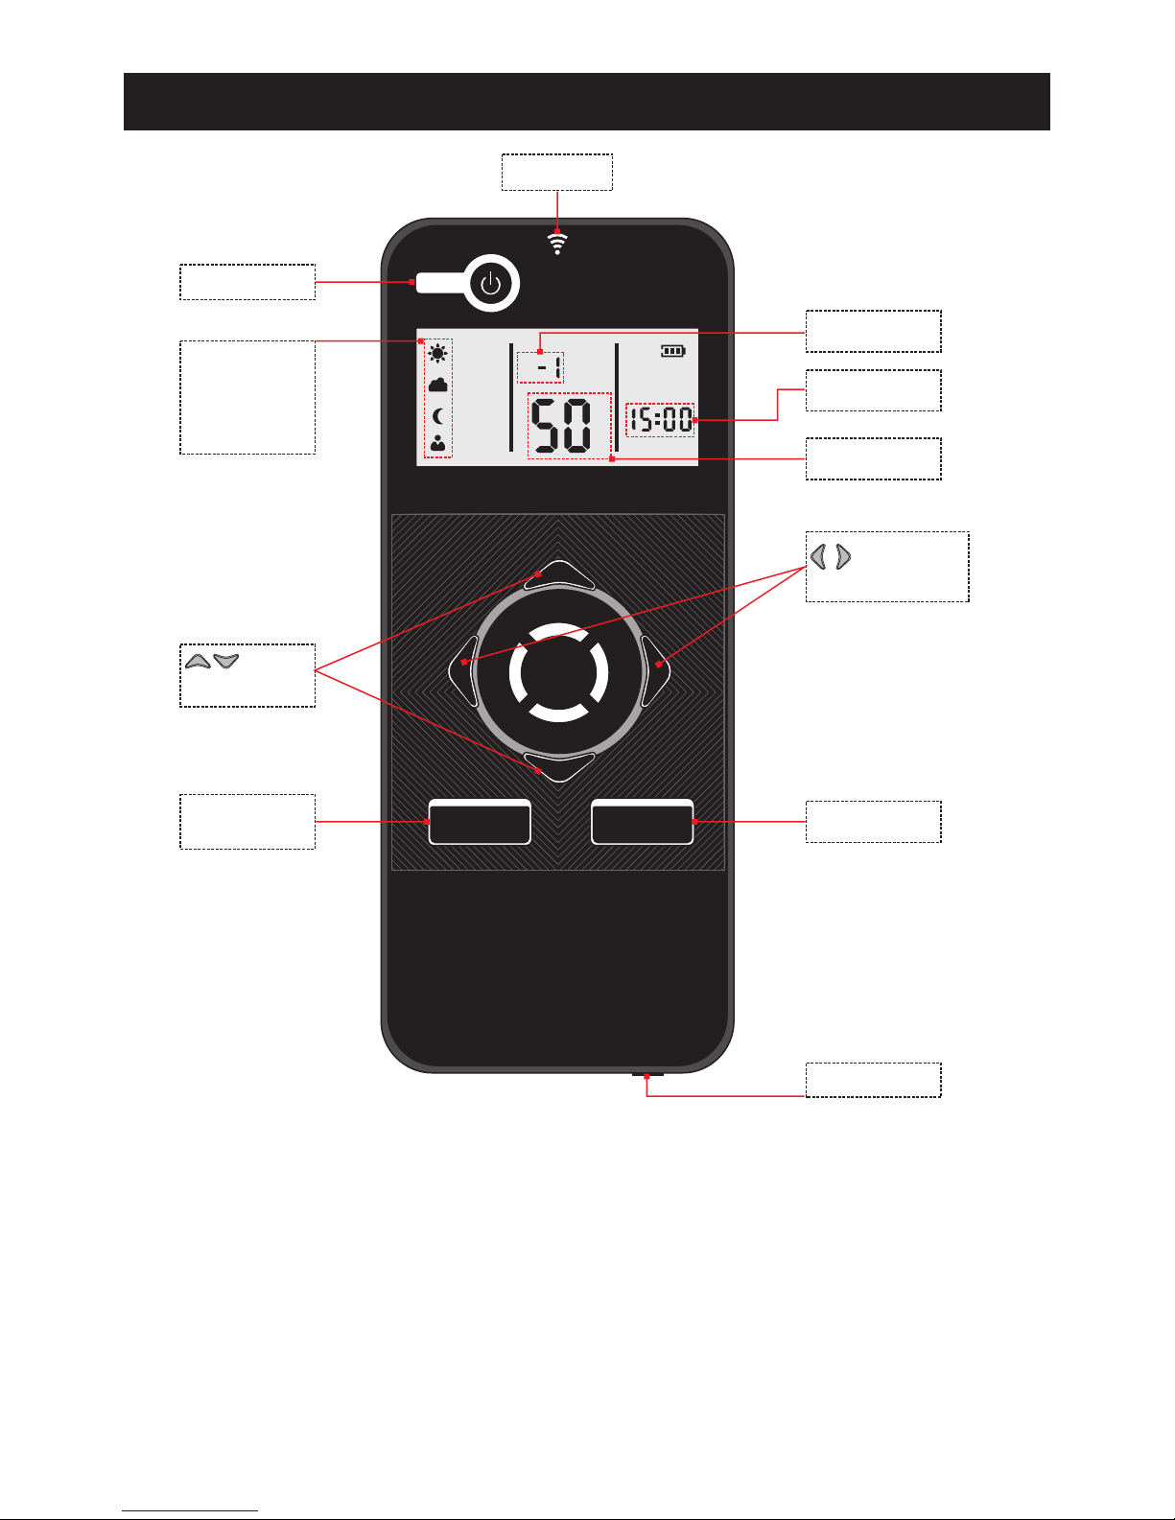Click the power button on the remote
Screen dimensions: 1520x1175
(491, 284)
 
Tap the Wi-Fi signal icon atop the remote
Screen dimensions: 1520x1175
(557, 243)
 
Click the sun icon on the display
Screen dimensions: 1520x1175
(438, 353)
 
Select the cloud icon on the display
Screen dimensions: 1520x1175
(438, 385)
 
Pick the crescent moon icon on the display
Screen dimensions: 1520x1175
(438, 415)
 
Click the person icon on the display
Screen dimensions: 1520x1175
(438, 443)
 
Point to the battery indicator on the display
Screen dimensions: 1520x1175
(672, 351)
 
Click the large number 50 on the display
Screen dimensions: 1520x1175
(562, 426)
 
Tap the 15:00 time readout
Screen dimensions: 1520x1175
(660, 420)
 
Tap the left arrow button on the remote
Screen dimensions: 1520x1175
(463, 670)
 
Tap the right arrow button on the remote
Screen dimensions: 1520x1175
(657, 670)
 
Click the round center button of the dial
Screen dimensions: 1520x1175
(559, 671)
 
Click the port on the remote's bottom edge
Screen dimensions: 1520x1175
(647, 1074)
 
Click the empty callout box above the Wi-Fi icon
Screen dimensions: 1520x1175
(557, 172)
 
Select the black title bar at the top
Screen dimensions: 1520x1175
(586, 102)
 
